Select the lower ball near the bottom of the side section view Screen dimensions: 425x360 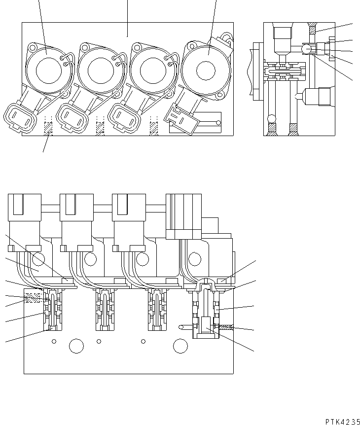271,118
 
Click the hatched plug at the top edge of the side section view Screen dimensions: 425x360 311,28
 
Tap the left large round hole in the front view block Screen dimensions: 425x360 76,346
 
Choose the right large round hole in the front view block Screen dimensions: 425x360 180,346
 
